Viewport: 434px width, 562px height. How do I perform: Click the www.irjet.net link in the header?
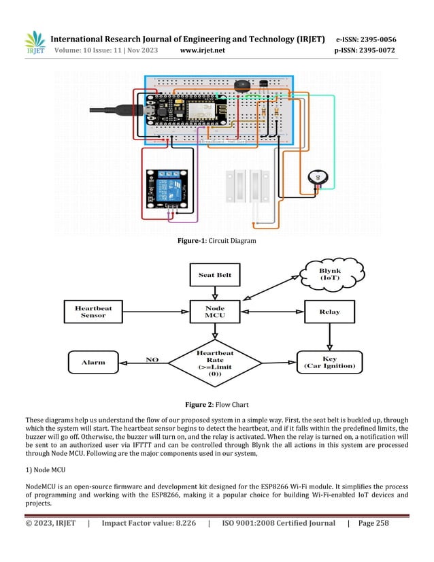[x=203, y=50]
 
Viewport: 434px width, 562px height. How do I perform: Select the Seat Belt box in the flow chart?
[x=215, y=275]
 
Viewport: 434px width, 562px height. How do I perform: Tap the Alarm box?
[x=93, y=361]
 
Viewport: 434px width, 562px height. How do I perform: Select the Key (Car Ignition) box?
[x=329, y=361]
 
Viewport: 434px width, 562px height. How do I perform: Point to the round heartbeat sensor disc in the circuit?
[x=317, y=177]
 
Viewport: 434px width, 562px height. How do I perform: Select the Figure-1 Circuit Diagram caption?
[x=216, y=241]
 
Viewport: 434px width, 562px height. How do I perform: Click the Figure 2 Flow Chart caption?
[x=216, y=404]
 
